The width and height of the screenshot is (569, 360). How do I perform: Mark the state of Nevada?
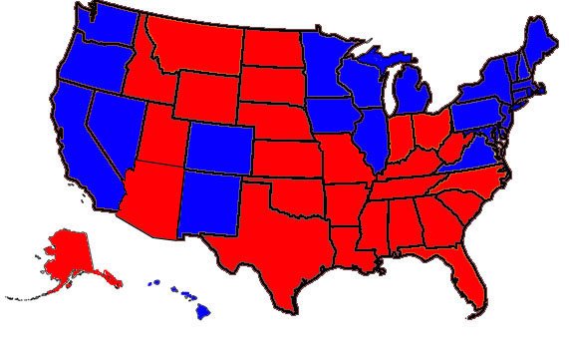point(115,125)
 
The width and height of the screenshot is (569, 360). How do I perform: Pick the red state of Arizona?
point(149,199)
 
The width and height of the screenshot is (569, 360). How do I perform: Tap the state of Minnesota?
point(324,65)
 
